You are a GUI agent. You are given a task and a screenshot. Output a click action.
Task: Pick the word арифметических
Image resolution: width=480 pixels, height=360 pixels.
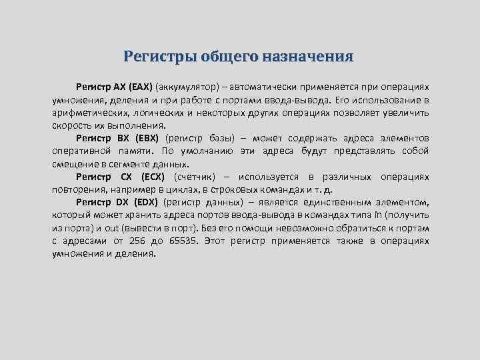coord(89,113)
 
